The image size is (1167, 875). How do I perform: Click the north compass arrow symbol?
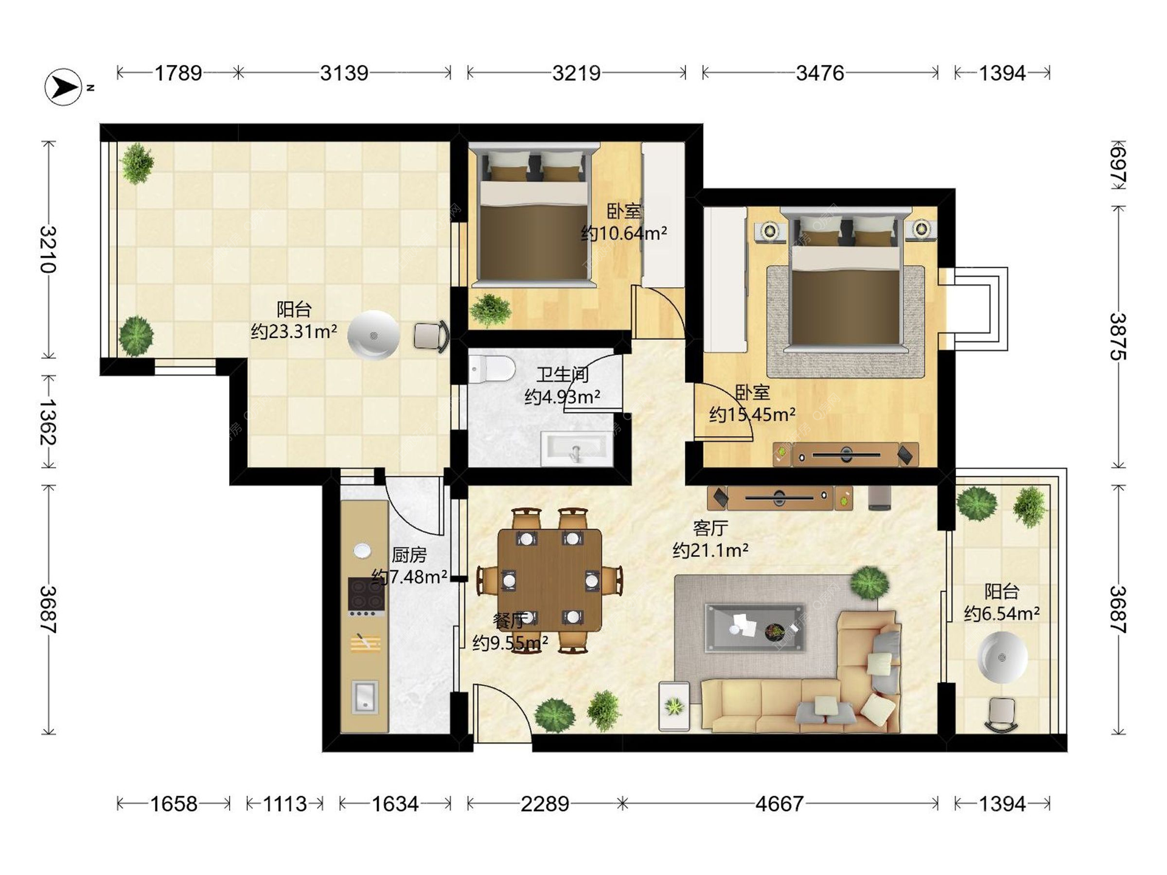tap(63, 87)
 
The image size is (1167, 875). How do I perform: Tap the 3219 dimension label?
tap(576, 74)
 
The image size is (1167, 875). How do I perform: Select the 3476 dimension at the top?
tap(820, 74)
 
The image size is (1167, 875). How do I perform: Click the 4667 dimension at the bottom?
tap(779, 804)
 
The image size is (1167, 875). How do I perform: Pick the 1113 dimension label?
tap(284, 804)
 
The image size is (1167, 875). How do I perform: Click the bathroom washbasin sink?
tap(577, 448)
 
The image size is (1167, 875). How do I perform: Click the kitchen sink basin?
tap(365, 696)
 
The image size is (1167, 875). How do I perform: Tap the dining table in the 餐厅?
tap(549, 580)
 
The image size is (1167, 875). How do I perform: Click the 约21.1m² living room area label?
tap(711, 551)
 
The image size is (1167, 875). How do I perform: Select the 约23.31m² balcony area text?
tap(294, 331)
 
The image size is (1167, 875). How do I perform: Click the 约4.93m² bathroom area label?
tap(563, 397)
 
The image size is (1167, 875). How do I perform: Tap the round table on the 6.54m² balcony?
tap(1002, 657)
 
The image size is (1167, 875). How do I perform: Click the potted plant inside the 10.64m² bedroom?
tap(491, 309)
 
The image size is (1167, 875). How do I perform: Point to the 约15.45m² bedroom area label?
tap(752, 414)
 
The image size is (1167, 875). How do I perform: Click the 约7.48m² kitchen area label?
tap(409, 576)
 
